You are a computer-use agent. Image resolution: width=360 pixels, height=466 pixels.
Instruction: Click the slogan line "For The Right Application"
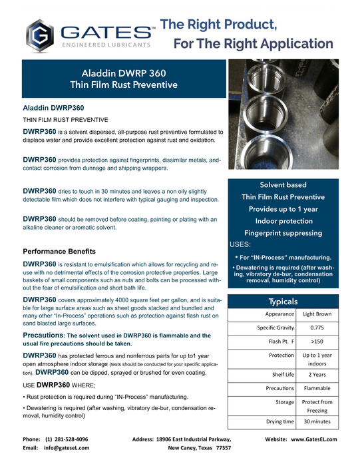coord(254,44)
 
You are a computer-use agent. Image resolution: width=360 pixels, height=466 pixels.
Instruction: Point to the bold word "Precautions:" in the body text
coord(45,335)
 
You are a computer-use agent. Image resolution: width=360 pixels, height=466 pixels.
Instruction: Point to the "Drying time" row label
coord(279,423)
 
